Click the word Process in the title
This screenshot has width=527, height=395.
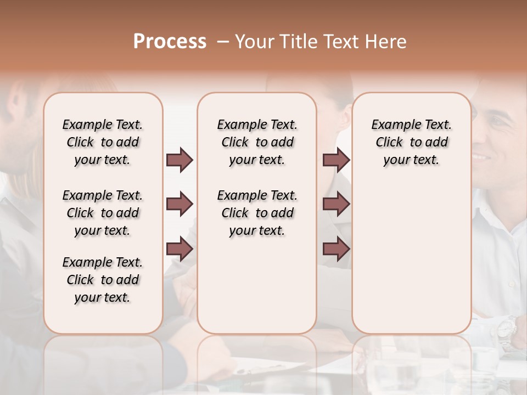point(170,42)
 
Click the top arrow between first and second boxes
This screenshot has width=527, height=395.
point(180,160)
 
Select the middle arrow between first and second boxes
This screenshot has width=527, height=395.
point(180,205)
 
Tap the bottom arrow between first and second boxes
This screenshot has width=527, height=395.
point(180,249)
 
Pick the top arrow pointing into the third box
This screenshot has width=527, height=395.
point(336,160)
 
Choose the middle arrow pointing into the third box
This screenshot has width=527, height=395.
point(336,205)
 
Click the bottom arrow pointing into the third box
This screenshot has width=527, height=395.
point(336,249)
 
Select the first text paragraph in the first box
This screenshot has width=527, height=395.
point(103,142)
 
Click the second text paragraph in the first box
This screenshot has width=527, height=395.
point(103,213)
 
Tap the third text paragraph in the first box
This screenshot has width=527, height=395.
point(103,280)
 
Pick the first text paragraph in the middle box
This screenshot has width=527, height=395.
point(257,142)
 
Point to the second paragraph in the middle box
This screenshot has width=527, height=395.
point(257,213)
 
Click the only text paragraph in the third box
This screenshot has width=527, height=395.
point(411,142)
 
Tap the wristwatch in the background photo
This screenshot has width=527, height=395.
point(506,329)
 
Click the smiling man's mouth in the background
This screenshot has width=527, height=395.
point(484,157)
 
